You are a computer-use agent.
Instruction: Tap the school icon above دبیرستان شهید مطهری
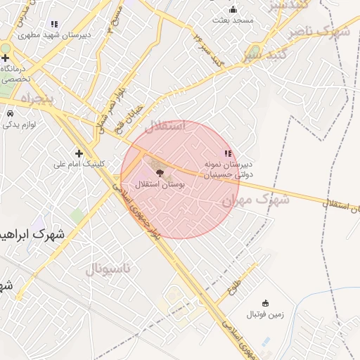click(54, 25)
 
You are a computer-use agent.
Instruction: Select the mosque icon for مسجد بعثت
click(233, 10)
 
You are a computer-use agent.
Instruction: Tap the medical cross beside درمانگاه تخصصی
click(6, 57)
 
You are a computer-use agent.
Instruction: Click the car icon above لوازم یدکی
click(10, 113)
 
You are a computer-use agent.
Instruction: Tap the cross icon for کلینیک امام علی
click(79, 153)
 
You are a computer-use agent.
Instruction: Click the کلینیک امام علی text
click(79, 165)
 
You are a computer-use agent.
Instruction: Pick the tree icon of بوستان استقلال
click(158, 172)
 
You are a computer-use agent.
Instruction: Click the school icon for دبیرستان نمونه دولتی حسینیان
click(227, 153)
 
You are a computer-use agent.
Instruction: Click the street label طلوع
click(235, 284)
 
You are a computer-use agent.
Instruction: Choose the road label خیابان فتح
click(133, 111)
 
